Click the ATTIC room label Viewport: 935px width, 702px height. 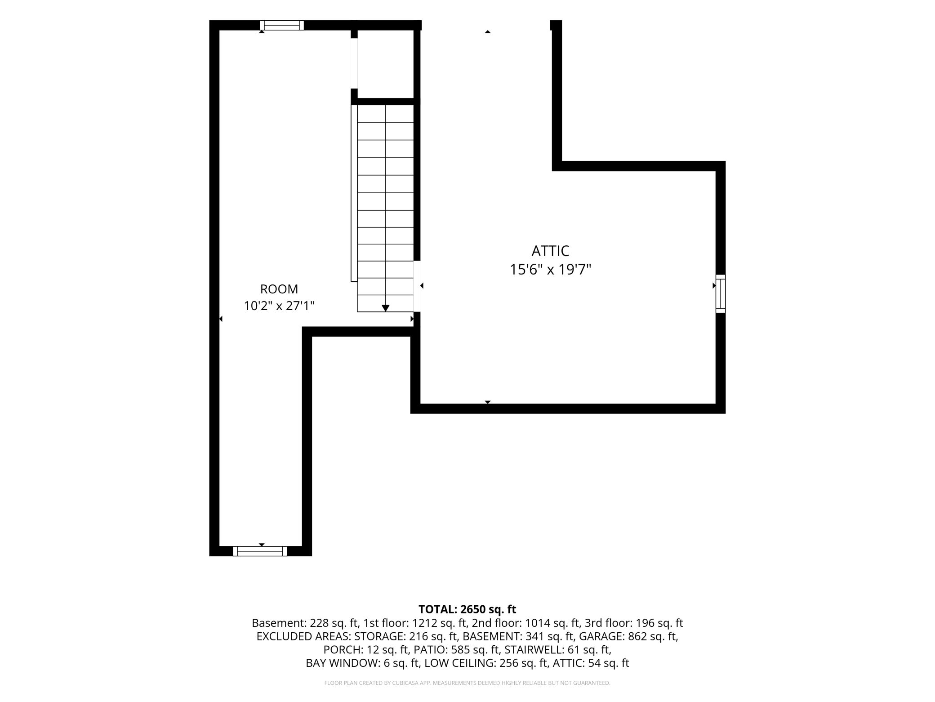(x=550, y=251)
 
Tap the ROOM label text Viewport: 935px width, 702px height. (x=279, y=289)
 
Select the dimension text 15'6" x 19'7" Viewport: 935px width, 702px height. (x=550, y=270)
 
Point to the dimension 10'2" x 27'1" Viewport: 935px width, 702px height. (x=279, y=306)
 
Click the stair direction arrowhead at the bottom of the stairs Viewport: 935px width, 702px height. (x=386, y=308)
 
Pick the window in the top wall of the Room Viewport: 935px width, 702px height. (x=282, y=25)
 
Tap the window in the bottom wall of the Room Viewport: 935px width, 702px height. (x=260, y=551)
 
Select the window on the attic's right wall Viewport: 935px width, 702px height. (x=721, y=293)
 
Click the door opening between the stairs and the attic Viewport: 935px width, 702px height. (x=417, y=286)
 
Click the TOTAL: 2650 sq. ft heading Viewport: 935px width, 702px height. (x=467, y=609)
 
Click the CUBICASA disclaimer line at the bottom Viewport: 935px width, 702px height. (x=467, y=683)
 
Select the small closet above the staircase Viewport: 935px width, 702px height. (x=385, y=64)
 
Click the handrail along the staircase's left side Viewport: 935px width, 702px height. (x=354, y=193)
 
